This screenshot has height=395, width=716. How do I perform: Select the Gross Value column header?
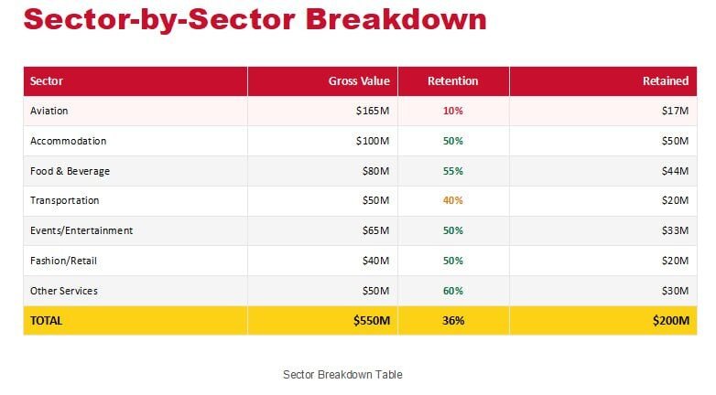[359, 81]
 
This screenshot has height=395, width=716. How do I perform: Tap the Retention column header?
[452, 81]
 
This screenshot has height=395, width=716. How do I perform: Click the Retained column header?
[666, 81]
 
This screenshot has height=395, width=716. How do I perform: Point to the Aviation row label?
[49, 111]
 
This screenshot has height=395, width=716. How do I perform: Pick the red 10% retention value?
[452, 111]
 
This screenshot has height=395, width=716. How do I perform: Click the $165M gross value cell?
[373, 111]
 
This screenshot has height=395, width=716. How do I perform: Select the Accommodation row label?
[68, 141]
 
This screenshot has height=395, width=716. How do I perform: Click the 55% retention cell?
[452, 171]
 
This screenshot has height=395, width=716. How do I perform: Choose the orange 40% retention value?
[452, 200]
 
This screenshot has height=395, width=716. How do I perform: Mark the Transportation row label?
[64, 200]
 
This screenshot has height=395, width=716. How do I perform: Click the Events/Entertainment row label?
[81, 230]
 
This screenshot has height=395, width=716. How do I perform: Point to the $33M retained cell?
[675, 230]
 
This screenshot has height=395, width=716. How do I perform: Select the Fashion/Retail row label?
[63, 261]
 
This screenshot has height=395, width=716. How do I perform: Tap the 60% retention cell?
[452, 291]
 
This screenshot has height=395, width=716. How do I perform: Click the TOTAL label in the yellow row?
[46, 321]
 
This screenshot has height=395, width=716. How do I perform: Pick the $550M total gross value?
[371, 321]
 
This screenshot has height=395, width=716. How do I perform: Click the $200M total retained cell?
[671, 321]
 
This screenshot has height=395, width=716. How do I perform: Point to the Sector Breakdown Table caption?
[342, 375]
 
